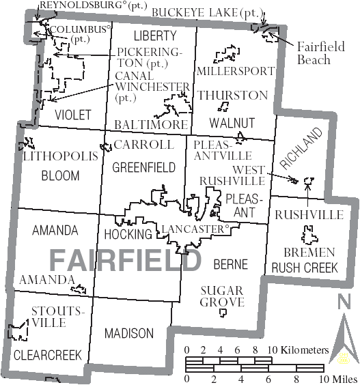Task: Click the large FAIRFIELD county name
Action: pos(125,260)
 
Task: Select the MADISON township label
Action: pos(129,333)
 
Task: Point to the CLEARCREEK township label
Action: pos(47,355)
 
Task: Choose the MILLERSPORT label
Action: pos(235,71)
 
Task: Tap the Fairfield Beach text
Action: pos(314,53)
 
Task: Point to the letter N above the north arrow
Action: pos(344,300)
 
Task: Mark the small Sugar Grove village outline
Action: pos(223,313)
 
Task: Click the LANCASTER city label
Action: pos(194,229)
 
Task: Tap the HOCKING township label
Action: pos(128,234)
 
